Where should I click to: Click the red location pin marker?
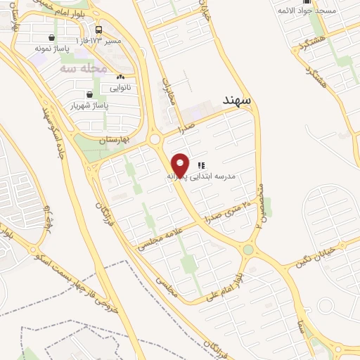coord(181,165)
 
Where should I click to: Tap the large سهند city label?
coord(242,101)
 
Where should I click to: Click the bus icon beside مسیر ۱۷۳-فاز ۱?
coord(98,30)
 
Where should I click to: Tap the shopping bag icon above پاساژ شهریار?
coord(89,94)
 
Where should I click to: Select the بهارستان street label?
coord(116,140)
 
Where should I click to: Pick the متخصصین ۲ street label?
coord(260,203)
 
